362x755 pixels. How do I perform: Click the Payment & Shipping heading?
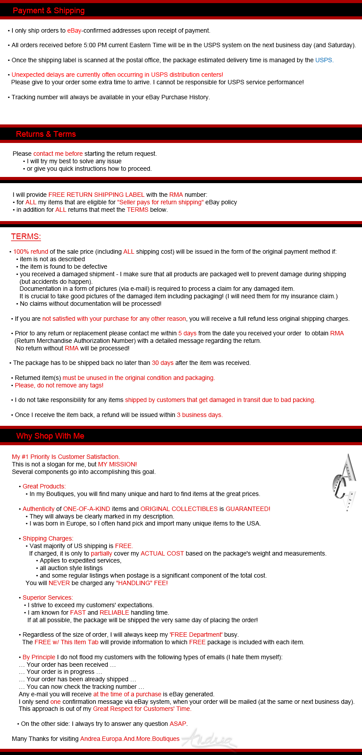click(49, 11)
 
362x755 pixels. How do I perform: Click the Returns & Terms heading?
click(46, 134)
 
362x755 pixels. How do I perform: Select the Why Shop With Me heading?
click(50, 436)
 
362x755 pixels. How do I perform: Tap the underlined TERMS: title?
click(26, 237)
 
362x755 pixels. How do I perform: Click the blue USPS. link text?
click(324, 60)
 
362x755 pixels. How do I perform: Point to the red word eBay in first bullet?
click(74, 30)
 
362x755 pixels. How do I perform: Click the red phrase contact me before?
click(58, 154)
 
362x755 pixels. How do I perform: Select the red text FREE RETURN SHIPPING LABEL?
click(96, 195)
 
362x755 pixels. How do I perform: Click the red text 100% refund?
click(30, 252)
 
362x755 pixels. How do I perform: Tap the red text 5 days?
click(187, 333)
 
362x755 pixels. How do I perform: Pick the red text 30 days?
click(162, 363)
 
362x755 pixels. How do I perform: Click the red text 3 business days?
click(200, 415)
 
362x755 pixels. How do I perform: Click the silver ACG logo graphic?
click(344, 482)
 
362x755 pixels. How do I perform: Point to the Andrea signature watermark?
click(210, 738)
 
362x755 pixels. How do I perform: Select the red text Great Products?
click(44, 486)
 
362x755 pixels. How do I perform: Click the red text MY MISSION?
click(117, 464)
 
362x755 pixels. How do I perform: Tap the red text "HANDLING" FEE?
click(142, 583)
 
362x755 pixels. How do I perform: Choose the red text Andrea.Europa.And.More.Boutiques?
click(130, 739)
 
